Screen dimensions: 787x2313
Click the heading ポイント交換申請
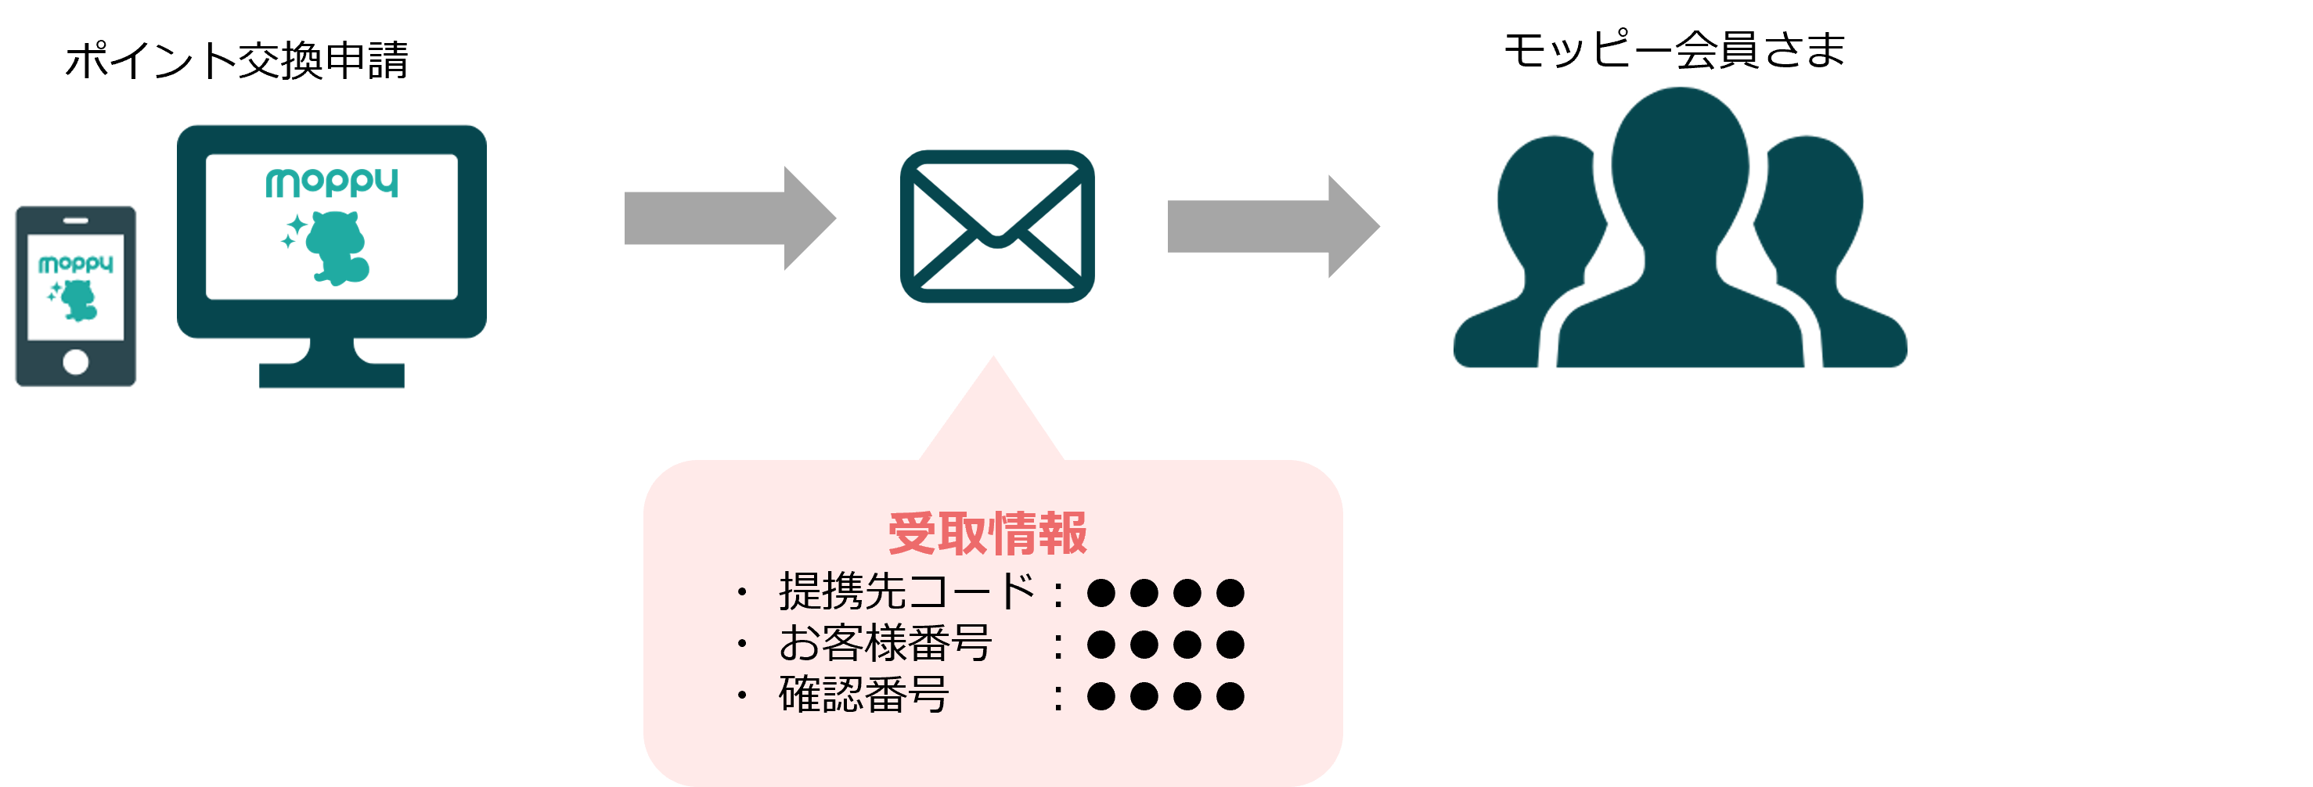pos(237,61)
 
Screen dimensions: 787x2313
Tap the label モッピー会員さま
pos(1674,50)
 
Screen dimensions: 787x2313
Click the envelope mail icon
pos(996,226)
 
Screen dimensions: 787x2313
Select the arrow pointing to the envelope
pos(729,218)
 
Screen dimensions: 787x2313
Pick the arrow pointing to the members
pos(1272,226)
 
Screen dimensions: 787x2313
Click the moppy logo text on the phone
pos(75,264)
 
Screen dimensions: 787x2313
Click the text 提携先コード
pos(907,592)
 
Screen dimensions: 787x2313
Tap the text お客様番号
pos(885,643)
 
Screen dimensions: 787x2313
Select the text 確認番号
pos(864,695)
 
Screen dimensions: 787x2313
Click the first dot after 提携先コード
pos(1101,592)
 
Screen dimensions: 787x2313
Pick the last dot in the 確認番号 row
pos(1230,695)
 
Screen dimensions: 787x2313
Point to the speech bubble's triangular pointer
pos(993,413)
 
